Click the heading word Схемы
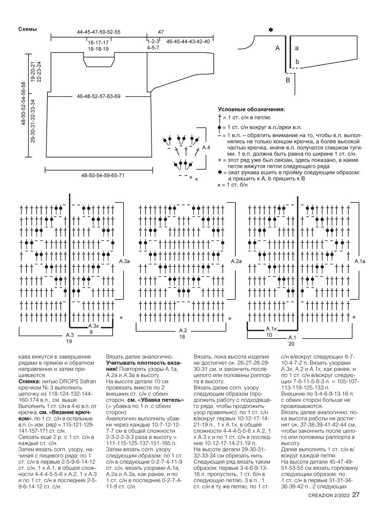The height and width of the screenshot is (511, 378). click(27, 29)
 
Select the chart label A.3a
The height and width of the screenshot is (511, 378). click(124, 262)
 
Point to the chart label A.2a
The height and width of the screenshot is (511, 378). click(236, 261)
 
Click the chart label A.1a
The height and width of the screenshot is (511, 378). click(360, 261)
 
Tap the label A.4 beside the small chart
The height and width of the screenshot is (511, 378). click(206, 148)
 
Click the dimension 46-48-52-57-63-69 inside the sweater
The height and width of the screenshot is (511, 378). click(99, 96)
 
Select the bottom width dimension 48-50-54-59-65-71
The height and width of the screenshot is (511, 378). click(103, 175)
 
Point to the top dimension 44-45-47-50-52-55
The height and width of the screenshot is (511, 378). click(99, 32)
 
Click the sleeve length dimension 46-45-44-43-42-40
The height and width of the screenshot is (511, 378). click(188, 41)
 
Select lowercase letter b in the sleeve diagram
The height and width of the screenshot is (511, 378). click(297, 62)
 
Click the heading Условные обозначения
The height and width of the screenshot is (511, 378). click(251, 110)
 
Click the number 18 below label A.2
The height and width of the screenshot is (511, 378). click(182, 337)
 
